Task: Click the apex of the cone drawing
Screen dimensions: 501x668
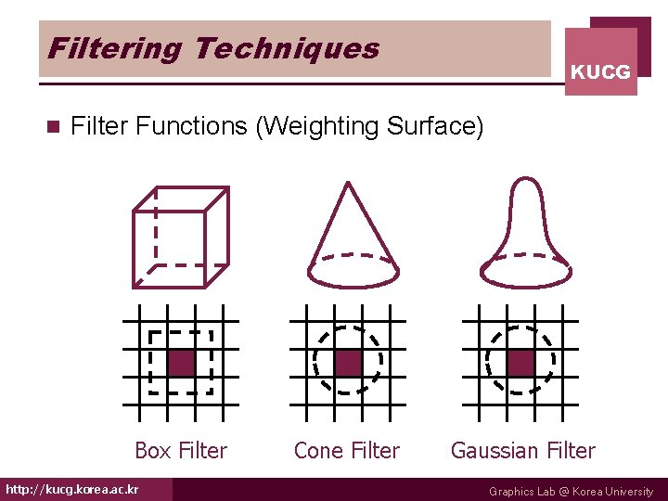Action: click(x=346, y=183)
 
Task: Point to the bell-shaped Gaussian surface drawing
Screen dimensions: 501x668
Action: click(x=525, y=232)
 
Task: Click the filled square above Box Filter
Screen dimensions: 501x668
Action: click(x=181, y=362)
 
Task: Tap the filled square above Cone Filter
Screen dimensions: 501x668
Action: click(x=347, y=362)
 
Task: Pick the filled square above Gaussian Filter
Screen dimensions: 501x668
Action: click(x=520, y=362)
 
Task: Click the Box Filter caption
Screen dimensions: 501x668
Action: click(x=181, y=451)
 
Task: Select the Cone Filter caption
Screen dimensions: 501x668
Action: click(x=346, y=451)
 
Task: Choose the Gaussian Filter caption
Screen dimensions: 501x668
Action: click(x=522, y=451)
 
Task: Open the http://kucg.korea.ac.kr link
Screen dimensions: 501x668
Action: click(x=72, y=490)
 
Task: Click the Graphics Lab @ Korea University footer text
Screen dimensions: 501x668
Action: click(x=571, y=492)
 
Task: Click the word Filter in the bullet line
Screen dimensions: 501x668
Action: click(x=99, y=126)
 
